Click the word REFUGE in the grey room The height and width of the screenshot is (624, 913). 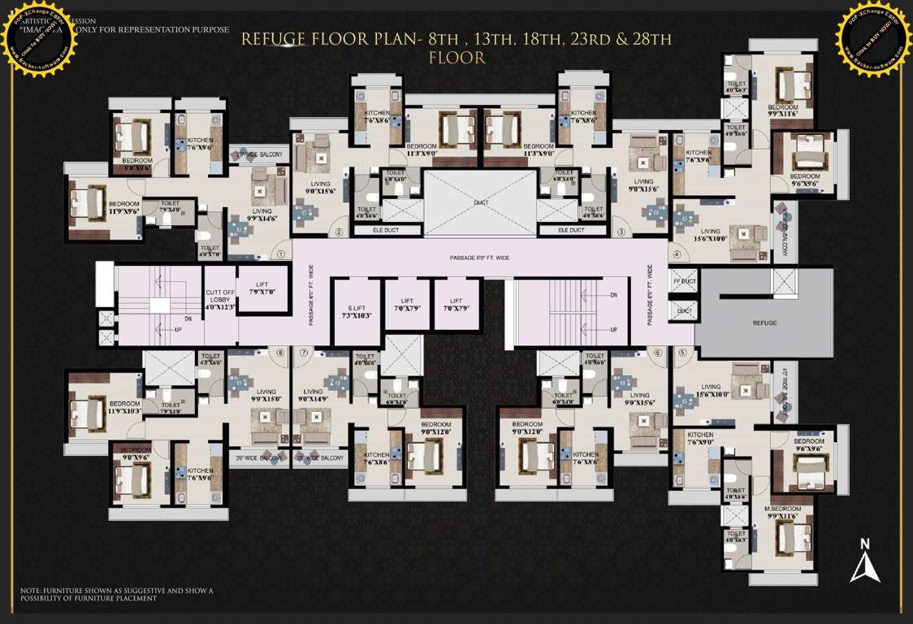tap(764, 323)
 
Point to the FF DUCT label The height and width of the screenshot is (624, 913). tap(685, 281)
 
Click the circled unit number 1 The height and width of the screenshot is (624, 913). tap(280, 253)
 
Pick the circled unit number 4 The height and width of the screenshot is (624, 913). tap(674, 253)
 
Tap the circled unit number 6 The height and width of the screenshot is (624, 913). tap(657, 352)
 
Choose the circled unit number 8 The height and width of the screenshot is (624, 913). tap(280, 352)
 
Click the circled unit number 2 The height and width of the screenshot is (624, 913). tap(339, 232)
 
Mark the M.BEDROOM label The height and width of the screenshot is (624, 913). tap(783, 509)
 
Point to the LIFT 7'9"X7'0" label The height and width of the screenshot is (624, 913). tap(263, 287)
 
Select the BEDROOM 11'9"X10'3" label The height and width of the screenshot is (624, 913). tap(125, 407)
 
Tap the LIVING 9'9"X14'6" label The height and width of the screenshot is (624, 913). tap(262, 215)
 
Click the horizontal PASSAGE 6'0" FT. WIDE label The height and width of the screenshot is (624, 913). tap(479, 258)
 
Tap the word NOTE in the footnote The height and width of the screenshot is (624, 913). tap(32, 591)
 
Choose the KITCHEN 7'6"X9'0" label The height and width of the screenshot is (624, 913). tap(699, 439)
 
